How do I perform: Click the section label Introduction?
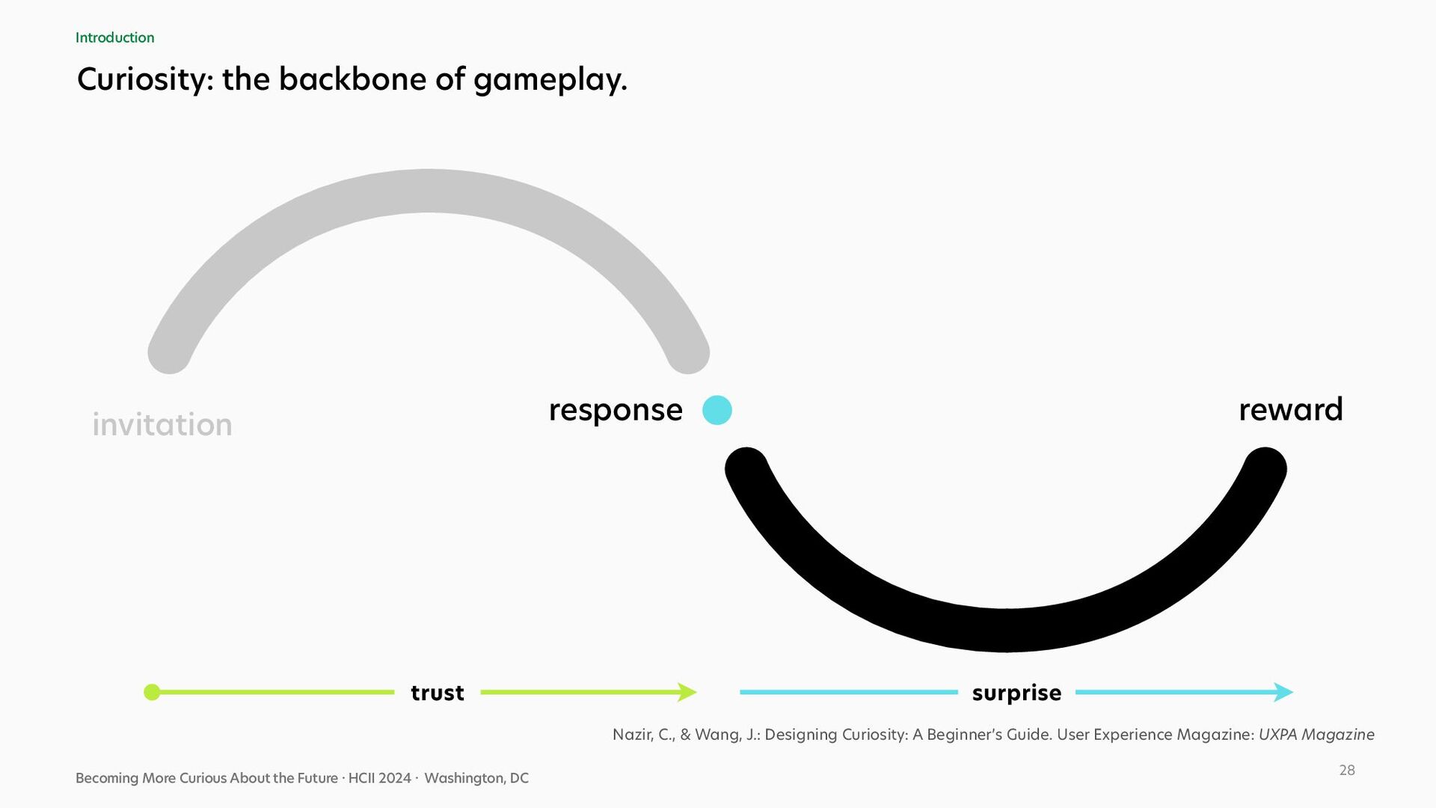[114, 37]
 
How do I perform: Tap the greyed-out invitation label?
[162, 424]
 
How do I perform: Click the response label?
[616, 411]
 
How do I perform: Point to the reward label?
[1291, 409]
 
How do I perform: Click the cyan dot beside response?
[717, 410]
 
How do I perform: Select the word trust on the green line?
[438, 693]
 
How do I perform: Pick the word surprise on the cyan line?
[1016, 693]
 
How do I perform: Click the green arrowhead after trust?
[687, 692]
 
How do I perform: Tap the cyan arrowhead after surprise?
[1284, 692]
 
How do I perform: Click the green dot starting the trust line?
[152, 692]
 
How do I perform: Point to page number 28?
[1347, 770]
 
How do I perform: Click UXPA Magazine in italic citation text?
[1316, 735]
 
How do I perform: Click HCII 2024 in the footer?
[380, 778]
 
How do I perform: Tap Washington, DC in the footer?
[476, 778]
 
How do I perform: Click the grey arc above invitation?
[428, 191]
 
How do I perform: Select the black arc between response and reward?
[1006, 630]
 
